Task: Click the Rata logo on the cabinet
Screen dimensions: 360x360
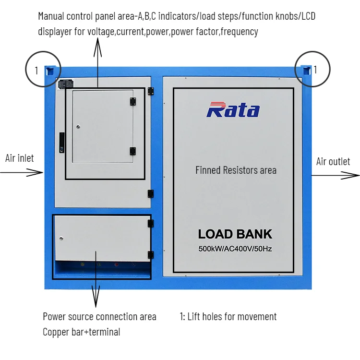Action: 233,110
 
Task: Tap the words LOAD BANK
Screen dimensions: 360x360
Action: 235,234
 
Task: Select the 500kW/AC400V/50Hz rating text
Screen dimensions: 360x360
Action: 235,249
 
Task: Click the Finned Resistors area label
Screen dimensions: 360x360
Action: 236,170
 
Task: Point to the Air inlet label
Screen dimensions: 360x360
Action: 20,158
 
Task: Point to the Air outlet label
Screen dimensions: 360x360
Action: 333,161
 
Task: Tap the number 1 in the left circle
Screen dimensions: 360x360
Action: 36,71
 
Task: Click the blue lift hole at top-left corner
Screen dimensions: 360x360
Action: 49,72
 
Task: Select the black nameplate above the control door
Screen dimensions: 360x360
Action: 64,84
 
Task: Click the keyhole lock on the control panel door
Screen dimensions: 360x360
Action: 79,127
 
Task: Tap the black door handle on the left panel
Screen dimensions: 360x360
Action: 61,143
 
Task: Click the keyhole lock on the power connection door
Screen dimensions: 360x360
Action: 61,238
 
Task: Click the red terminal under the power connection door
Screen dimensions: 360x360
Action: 115,264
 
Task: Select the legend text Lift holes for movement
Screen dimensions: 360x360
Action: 228,316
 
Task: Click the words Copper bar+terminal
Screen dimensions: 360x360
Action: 81,332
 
